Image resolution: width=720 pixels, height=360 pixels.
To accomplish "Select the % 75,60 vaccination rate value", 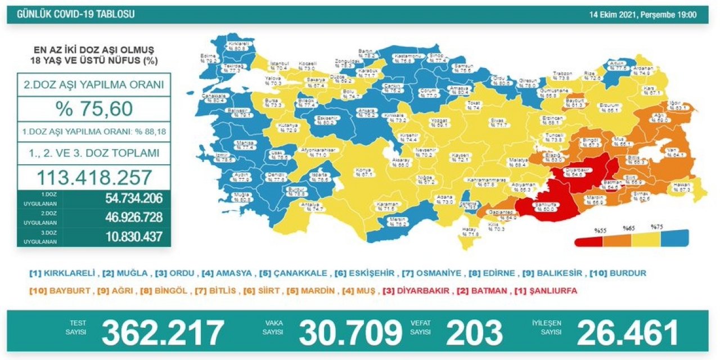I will pos(93,108).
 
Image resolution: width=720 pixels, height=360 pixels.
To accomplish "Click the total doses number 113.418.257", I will pos(93,178).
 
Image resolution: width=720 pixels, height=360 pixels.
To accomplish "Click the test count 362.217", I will pos(163,333).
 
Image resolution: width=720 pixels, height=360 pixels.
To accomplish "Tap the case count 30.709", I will pos(350,333).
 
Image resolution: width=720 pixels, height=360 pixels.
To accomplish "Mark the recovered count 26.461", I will pos(628,333).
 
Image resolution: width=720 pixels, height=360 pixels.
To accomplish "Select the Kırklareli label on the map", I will pos(238,46).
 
